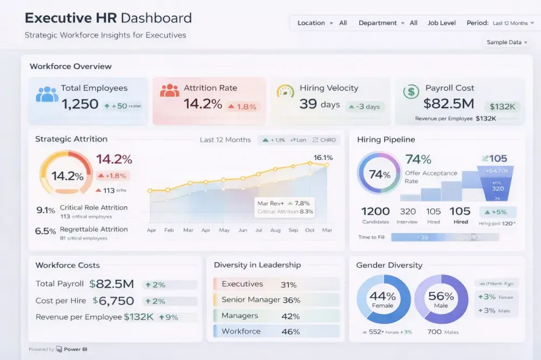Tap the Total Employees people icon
pos(47,94)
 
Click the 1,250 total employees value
pos(80,104)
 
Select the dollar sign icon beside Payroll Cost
pos(411,91)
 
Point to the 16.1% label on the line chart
pos(323,158)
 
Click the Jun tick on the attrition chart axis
pos(243,230)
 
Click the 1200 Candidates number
pos(375,211)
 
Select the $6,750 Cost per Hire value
pos(113,301)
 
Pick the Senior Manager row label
pos(251,299)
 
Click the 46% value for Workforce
pos(291,331)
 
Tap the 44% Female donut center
pos(382,299)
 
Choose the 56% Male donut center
pos(441,299)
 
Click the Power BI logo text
pos(75,349)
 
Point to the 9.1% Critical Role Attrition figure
pos(45,210)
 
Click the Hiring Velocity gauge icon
pos(285,91)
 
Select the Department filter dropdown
pos(381,23)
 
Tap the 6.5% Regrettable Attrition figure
pos(45,231)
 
